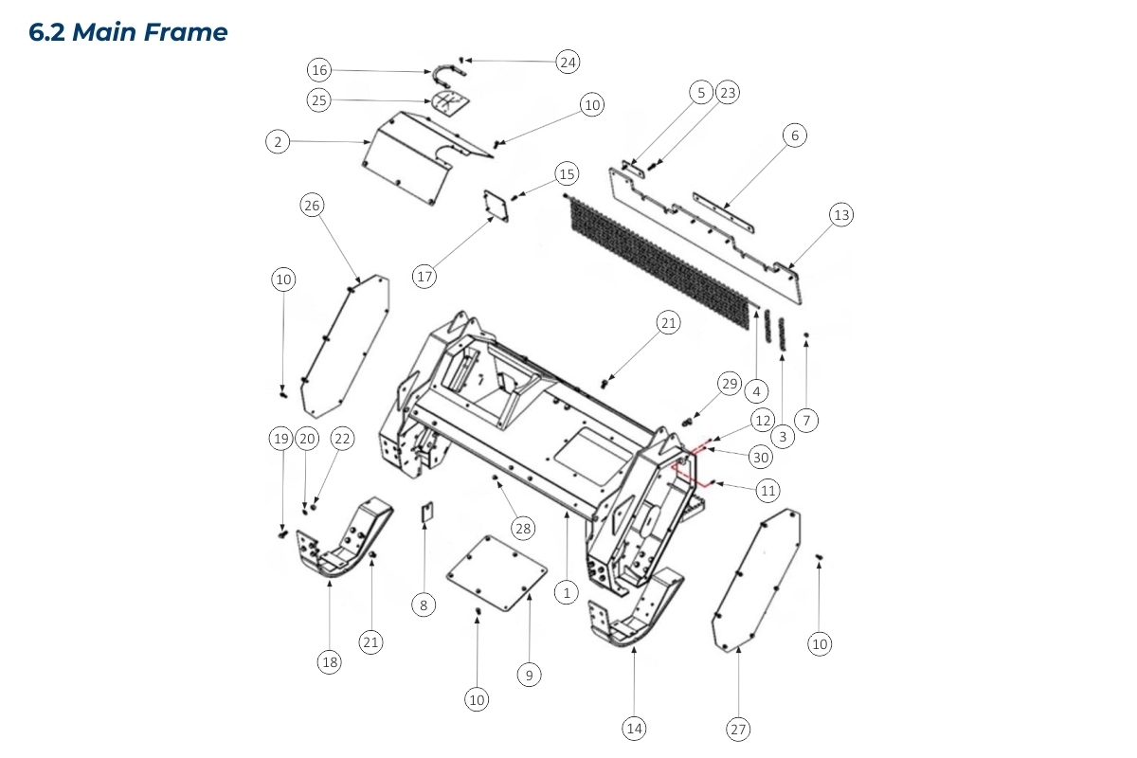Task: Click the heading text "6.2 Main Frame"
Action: click(129, 32)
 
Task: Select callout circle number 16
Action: click(319, 70)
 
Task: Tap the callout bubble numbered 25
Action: click(319, 99)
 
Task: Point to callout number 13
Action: click(841, 215)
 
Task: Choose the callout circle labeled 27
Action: click(738, 729)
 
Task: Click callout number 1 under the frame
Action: click(566, 593)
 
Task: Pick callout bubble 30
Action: click(760, 458)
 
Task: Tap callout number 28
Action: click(523, 528)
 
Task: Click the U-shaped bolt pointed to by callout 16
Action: click(443, 72)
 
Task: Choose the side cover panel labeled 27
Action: click(758, 580)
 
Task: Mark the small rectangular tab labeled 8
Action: click(427, 512)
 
